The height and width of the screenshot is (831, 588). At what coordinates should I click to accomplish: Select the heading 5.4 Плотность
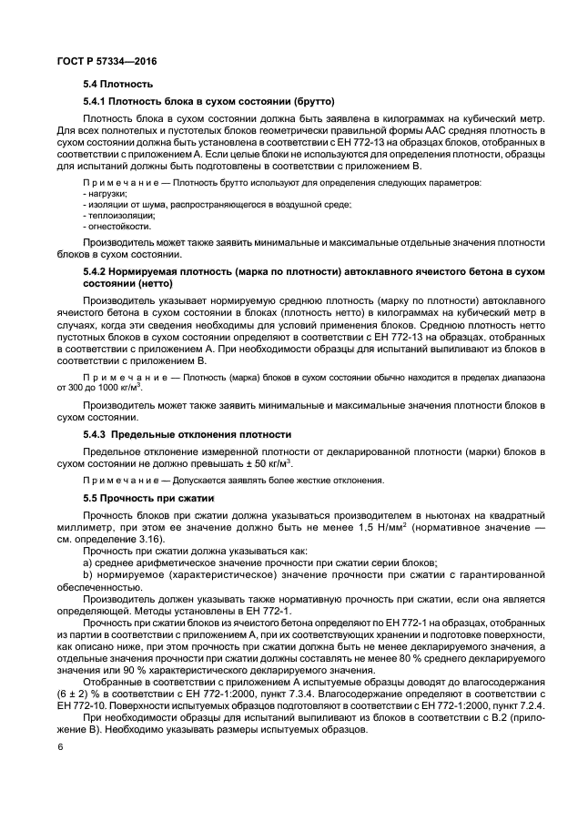click(x=115, y=84)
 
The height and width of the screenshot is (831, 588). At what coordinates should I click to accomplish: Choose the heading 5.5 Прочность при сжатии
click(x=148, y=498)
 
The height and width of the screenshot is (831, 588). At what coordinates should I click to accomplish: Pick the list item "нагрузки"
click(x=107, y=194)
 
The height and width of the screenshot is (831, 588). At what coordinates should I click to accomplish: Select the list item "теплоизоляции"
click(x=115, y=215)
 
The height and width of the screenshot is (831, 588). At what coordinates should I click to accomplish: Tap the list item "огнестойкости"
click(x=115, y=226)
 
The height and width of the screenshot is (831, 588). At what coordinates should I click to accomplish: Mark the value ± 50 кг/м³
click(x=265, y=462)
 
